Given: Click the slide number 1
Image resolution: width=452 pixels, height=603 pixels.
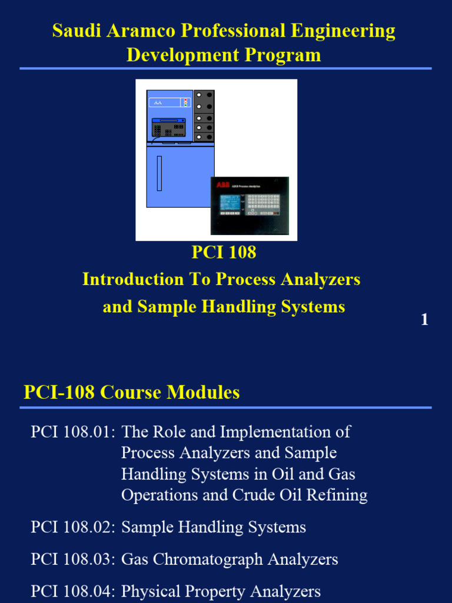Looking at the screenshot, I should (424, 320).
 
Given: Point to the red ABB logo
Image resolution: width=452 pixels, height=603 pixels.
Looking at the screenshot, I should (224, 185).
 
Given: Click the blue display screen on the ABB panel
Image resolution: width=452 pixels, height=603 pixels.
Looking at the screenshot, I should (230, 202).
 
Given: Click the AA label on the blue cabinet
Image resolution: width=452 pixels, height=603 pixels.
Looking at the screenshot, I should (158, 102).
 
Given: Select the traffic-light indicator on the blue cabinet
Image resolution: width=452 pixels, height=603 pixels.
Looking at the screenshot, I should (186, 102).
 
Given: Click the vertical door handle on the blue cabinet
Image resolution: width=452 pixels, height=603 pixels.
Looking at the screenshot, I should (159, 173).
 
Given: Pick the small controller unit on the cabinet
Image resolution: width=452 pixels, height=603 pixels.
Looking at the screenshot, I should (169, 128).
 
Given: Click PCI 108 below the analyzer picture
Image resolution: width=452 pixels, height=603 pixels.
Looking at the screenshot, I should (224, 253).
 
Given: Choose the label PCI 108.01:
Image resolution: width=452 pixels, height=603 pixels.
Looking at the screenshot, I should (72, 432).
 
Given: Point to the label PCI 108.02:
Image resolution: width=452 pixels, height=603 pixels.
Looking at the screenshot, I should (72, 527).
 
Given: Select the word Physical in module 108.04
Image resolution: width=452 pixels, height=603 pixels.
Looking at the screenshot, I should (147, 591).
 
